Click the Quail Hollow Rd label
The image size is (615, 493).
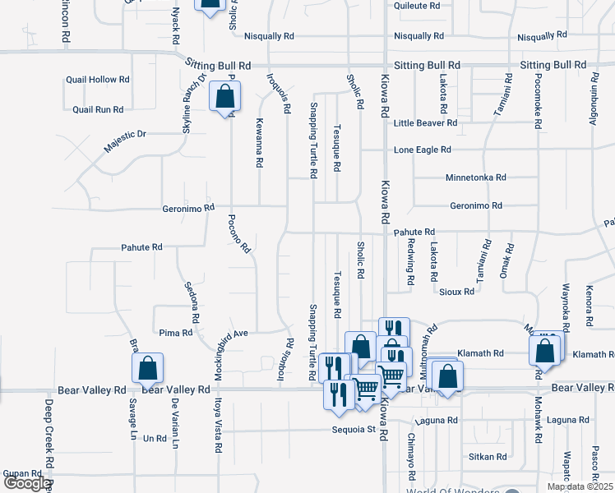click(99, 80)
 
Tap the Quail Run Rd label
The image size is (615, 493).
click(98, 109)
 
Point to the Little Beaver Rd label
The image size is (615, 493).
click(425, 123)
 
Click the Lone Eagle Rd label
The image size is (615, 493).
click(423, 150)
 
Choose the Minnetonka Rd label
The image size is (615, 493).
click(475, 177)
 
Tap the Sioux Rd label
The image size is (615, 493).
click(456, 292)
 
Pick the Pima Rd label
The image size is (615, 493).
click(176, 334)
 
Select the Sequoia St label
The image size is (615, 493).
click(354, 429)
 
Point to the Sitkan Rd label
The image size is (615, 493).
click(488, 457)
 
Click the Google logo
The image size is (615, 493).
click(26, 484)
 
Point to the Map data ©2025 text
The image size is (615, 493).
click(580, 486)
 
